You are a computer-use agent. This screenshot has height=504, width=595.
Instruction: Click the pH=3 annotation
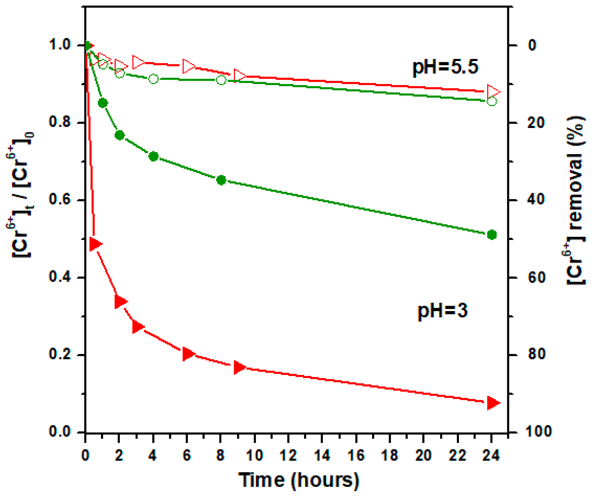click(442, 311)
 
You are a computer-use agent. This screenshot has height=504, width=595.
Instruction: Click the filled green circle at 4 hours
click(154, 156)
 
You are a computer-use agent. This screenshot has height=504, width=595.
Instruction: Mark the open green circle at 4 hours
click(154, 79)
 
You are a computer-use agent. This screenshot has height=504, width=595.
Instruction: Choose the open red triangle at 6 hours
click(188, 66)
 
